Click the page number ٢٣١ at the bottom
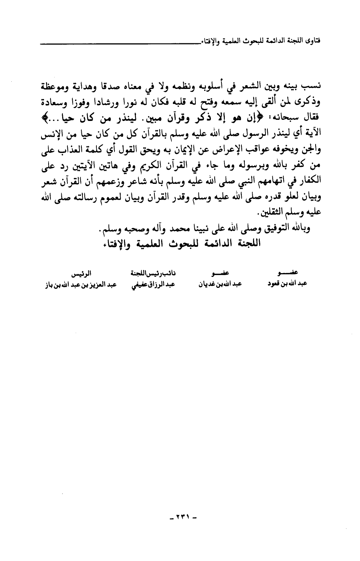[183, 517]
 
